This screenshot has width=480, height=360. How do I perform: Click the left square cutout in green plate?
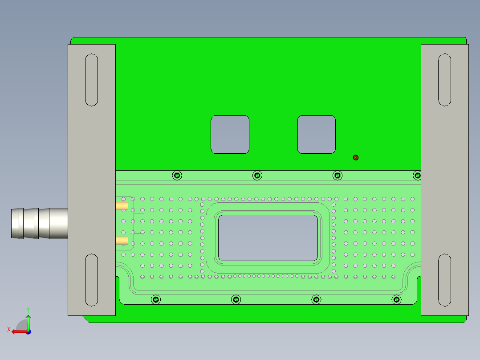[x=230, y=135]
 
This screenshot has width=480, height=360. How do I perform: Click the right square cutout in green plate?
[x=316, y=135]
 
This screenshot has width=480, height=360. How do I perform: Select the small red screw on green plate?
[x=355, y=158]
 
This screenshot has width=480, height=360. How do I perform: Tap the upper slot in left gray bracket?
[x=91, y=80]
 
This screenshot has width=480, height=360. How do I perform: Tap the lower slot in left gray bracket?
[x=91, y=280]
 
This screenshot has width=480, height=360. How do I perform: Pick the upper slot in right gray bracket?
[x=444, y=80]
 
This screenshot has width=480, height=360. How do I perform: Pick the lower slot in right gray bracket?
[x=444, y=280]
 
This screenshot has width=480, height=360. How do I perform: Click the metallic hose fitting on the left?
[x=38, y=223]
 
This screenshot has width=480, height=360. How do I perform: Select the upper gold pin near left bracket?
[x=122, y=206]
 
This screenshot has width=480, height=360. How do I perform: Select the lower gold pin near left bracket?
[x=122, y=241]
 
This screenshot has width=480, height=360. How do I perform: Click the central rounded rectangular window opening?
[x=268, y=238]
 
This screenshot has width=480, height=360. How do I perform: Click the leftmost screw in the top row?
[x=177, y=176]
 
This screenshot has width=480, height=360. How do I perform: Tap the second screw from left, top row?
[x=257, y=176]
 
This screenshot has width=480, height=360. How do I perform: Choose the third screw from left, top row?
[x=338, y=176]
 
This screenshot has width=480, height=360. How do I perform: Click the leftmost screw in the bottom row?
[x=156, y=299]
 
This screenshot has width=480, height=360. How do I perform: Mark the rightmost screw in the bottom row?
[x=396, y=299]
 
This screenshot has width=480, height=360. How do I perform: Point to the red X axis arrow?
[x=18, y=331]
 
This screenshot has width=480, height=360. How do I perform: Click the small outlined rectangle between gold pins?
[x=139, y=223]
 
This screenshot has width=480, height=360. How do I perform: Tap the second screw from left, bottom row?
[x=236, y=299]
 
